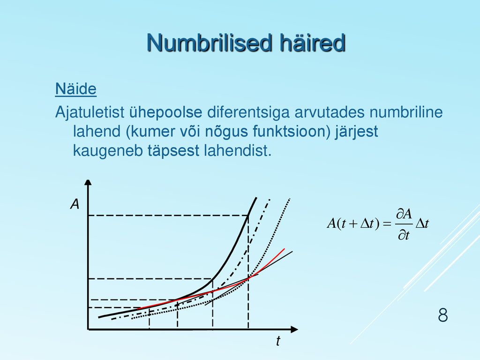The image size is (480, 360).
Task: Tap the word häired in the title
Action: pos(313,42)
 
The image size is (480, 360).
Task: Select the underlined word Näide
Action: pos(76,89)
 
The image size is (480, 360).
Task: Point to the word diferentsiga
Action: pos(248,112)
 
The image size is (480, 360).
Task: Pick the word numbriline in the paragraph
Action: pos(406,112)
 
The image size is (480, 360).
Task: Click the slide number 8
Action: pos(442,315)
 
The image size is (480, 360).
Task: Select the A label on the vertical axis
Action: pos(75,204)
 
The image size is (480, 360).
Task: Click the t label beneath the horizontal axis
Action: pos(278,341)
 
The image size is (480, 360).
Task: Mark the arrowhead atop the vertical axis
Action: pos(88,182)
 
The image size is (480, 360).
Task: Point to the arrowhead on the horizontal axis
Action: pos(294,330)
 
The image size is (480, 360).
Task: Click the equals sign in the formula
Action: pos(387,224)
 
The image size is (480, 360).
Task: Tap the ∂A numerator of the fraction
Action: pos(404,214)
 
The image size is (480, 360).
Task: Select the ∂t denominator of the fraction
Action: pos(404,235)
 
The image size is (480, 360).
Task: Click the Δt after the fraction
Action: pos(422,224)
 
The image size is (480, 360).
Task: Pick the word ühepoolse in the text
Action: pos(165,112)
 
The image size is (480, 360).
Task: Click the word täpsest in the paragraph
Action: pos(173,150)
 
